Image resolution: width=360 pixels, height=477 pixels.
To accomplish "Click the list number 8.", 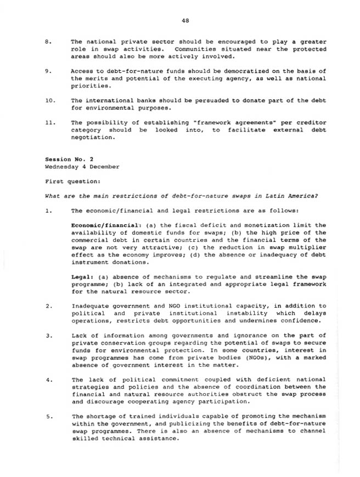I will pos(47,42).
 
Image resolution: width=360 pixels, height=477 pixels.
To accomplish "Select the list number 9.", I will pos(47,71).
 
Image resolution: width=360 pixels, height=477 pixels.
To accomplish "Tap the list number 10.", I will pos(49,100).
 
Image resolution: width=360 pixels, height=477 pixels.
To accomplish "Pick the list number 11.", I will pos(49,123).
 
